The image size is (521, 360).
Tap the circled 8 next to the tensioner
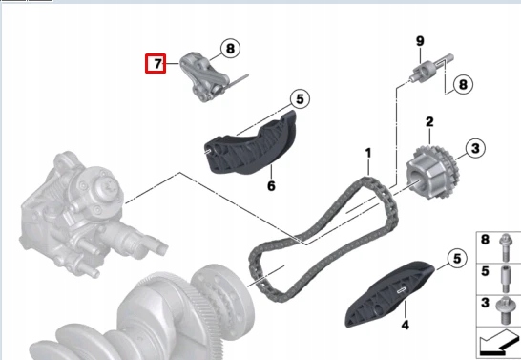click(x=229, y=47)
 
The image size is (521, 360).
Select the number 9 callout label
click(x=419, y=40)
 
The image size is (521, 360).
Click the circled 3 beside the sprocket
click(x=474, y=148)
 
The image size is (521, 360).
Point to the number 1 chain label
click(x=366, y=152)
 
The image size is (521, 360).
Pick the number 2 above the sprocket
click(x=430, y=122)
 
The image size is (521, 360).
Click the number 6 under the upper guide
click(x=271, y=185)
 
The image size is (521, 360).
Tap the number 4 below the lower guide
click(x=405, y=326)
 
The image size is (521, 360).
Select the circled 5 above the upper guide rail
click(x=299, y=98)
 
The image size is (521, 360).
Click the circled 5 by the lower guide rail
click(x=455, y=258)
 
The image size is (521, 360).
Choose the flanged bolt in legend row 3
click(x=506, y=307)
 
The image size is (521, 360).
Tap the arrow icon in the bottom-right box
click(x=497, y=341)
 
